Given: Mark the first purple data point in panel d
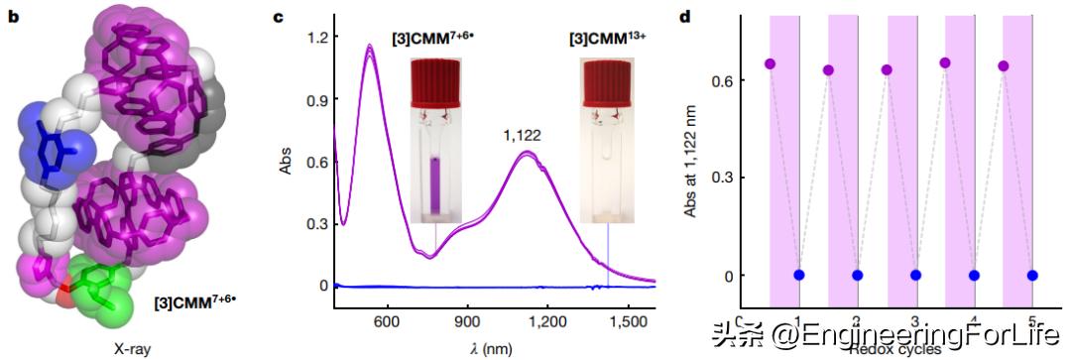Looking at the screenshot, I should [x=770, y=63].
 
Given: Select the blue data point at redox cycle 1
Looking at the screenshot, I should [x=799, y=275].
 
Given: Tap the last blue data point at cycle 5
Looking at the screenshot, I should [x=1033, y=275].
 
